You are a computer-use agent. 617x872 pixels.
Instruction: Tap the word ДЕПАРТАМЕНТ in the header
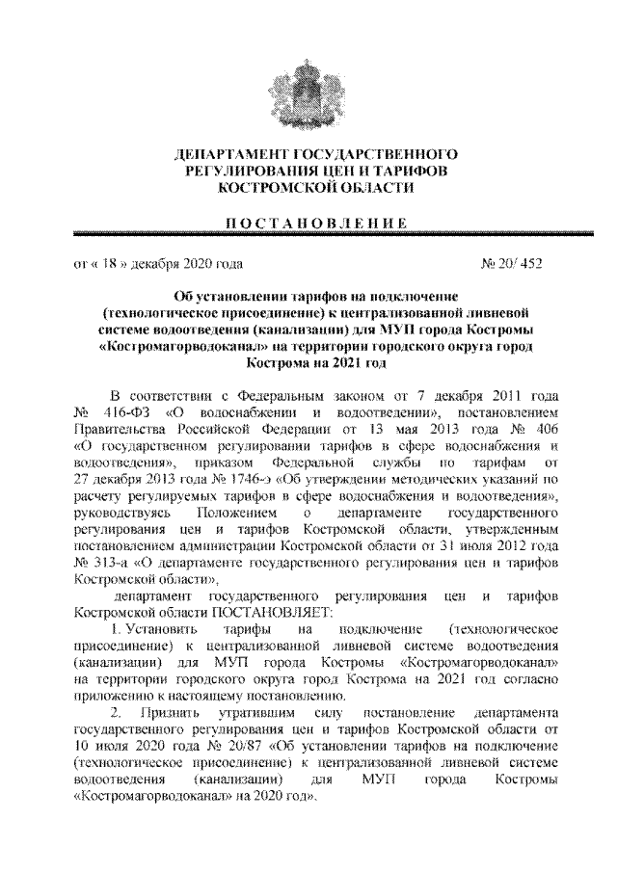click(x=232, y=154)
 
